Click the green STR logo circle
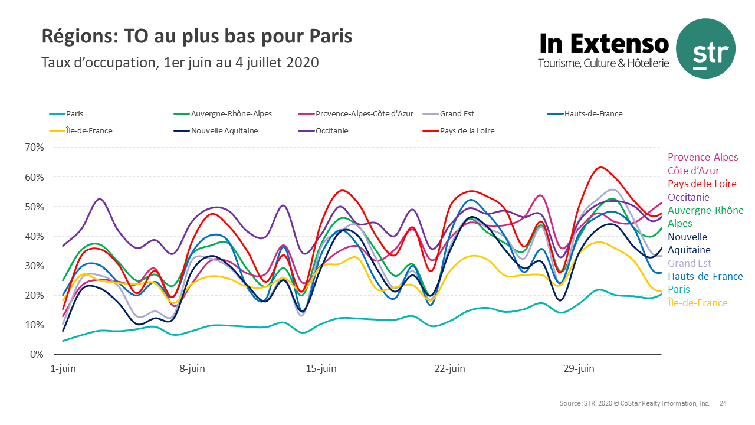[x=705, y=48]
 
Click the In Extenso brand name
[x=604, y=44]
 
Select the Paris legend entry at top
[x=74, y=114]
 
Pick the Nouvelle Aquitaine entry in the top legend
[x=225, y=130]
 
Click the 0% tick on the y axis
[x=37, y=354]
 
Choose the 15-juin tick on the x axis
[x=321, y=369]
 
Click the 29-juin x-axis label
[x=579, y=369]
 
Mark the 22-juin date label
[x=449, y=369]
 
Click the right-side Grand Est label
[x=690, y=263]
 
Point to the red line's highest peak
[x=600, y=168]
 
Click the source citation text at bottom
[x=634, y=404]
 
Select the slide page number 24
[x=723, y=404]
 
